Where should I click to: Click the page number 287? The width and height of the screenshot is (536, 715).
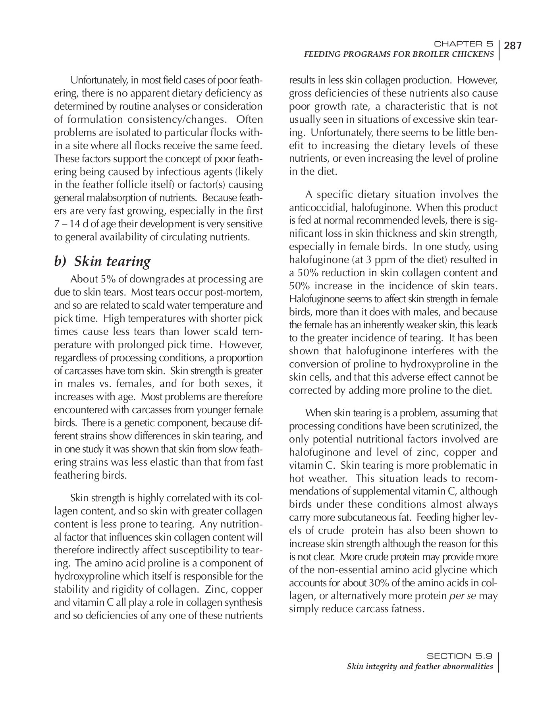pyautogui.click(x=513, y=46)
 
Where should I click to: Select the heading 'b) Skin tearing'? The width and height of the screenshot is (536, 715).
pyautogui.click(x=102, y=261)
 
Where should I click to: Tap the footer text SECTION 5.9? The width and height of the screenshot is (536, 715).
pyautogui.click(x=459, y=656)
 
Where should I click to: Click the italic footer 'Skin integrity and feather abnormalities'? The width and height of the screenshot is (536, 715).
pyautogui.click(x=420, y=666)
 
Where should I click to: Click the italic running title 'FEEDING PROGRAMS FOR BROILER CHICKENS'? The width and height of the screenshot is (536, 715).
pyautogui.click(x=399, y=54)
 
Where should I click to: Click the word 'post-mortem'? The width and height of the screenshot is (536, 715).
pyautogui.click(x=239, y=292)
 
